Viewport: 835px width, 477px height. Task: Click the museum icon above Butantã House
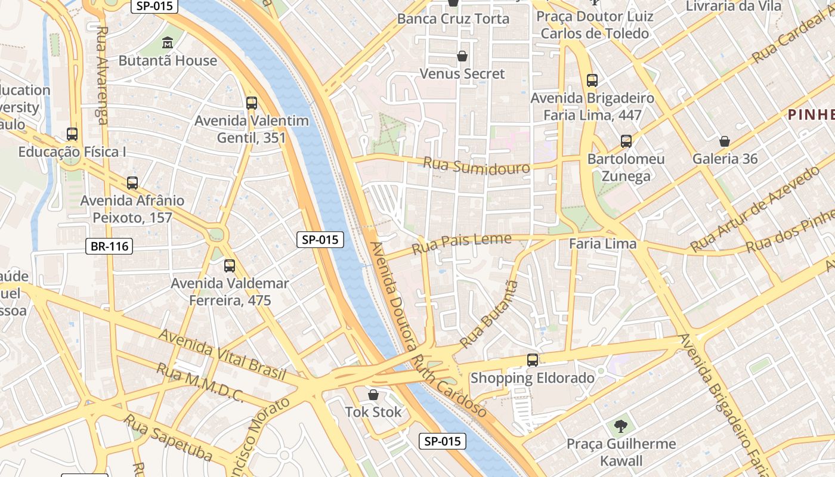(168, 43)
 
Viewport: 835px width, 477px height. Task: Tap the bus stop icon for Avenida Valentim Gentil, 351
(252, 103)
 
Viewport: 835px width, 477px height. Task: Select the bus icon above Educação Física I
(72, 134)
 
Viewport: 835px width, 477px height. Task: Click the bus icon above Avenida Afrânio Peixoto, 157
(132, 183)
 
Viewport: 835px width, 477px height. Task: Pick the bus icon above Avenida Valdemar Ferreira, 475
(230, 266)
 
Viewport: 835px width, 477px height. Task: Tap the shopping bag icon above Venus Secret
(462, 57)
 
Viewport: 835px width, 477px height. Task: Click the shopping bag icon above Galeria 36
(725, 141)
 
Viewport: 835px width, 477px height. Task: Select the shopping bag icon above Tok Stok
(373, 395)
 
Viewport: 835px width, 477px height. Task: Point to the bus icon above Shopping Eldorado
(533, 360)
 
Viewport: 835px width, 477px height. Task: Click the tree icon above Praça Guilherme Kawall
(621, 426)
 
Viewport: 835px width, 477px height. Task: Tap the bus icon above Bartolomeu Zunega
(626, 141)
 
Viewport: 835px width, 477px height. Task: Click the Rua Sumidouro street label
(477, 166)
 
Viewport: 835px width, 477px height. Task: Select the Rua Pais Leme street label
(462, 243)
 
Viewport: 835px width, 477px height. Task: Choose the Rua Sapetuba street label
(168, 437)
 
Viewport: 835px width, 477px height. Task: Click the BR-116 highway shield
(109, 246)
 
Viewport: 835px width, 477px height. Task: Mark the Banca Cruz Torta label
(453, 18)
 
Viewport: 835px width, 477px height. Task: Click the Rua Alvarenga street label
(102, 75)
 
